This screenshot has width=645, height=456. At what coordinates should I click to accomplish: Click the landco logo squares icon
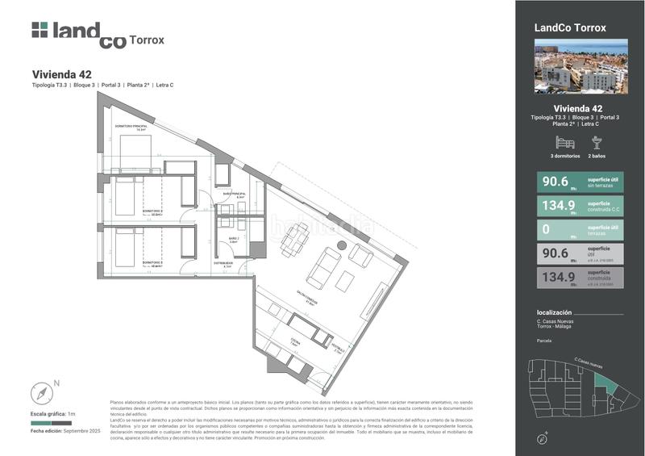click(x=40, y=30)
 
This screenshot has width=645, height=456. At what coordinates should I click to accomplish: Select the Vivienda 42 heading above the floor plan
click(x=67, y=74)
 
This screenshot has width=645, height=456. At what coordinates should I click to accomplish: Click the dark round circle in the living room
click(x=342, y=245)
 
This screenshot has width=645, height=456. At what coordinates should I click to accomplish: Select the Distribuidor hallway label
click(x=223, y=262)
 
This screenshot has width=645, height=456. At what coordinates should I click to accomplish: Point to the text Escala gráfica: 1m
click(x=52, y=414)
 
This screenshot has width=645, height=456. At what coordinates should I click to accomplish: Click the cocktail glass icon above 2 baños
click(x=597, y=142)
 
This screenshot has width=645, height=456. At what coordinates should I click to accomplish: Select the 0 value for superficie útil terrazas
click(x=547, y=229)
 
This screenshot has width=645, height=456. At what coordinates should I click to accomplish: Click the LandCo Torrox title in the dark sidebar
click(x=570, y=27)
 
